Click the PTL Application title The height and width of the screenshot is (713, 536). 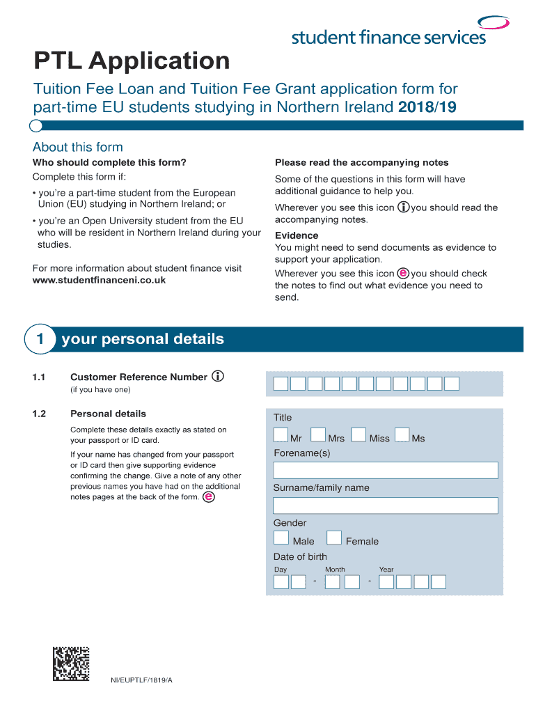(132, 61)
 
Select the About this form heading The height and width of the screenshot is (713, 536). (77, 147)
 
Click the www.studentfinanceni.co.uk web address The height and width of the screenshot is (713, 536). (99, 280)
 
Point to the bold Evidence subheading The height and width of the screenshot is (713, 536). (297, 235)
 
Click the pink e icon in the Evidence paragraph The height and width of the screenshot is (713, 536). (403, 273)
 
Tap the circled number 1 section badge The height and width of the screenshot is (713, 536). (40, 340)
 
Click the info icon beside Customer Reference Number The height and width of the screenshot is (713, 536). (218, 377)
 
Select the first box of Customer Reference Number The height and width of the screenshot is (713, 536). (281, 384)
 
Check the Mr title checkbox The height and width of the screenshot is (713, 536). (281, 435)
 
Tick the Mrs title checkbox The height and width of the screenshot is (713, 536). (317, 435)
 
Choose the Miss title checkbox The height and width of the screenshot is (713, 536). (358, 435)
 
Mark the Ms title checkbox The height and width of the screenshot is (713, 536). (402, 435)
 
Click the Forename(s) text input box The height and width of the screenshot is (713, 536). (385, 470)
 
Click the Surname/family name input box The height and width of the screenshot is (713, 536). (385, 506)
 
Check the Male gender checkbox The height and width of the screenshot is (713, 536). (281, 538)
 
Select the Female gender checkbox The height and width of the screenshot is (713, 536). (334, 538)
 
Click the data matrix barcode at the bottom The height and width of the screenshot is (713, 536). (71, 664)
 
